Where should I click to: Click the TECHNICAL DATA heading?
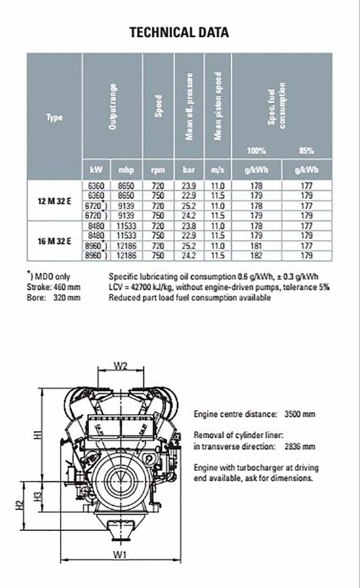pos(179,33)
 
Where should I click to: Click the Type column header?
pos(54,118)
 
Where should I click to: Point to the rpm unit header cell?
pos(158,170)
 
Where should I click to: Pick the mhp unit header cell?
pos(127,170)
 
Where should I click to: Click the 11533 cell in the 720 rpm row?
pos(127,225)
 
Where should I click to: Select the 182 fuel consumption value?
pos(257,256)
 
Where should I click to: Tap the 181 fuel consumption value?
pos(257,246)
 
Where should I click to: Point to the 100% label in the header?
pos(256,151)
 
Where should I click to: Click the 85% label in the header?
pos(307,151)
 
